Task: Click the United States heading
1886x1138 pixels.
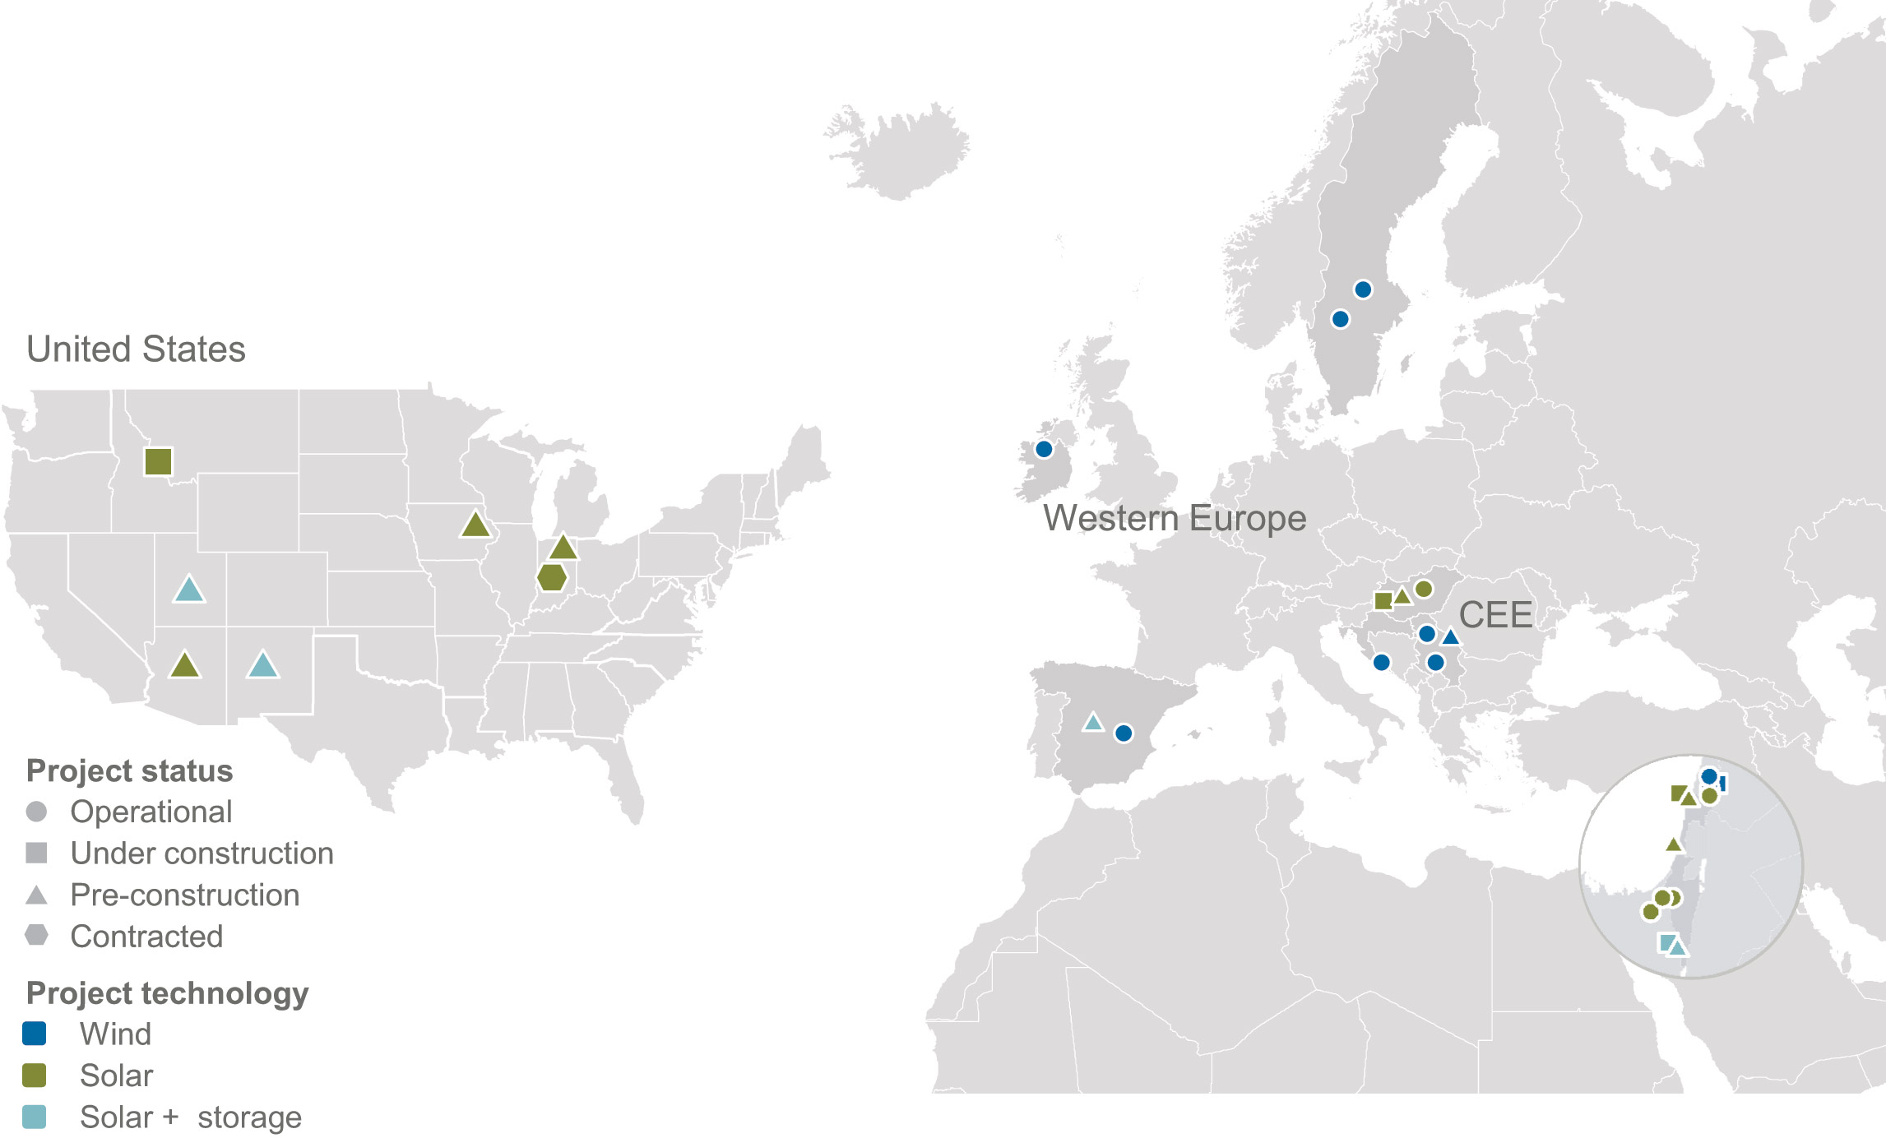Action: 136,349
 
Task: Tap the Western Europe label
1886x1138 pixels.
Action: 1175,519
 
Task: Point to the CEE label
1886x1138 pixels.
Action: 1495,615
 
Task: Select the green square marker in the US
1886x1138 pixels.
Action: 158,461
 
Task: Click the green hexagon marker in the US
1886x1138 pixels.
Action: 552,578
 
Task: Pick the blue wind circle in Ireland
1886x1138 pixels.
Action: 1044,449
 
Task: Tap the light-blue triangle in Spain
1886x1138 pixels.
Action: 1092,723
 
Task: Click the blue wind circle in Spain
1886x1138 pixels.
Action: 1124,733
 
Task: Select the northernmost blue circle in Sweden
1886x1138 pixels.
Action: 1363,289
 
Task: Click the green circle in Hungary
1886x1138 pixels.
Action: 1424,589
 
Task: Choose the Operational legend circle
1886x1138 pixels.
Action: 36,812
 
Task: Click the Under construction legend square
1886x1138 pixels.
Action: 36,853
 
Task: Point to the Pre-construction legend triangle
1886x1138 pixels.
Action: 36,895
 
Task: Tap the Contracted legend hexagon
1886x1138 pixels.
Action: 36,936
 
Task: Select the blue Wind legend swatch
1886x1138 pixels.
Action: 35,1034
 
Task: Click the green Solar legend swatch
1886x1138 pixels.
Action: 35,1075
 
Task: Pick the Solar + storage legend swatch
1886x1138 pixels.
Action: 35,1117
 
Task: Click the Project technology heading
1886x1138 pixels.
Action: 167,993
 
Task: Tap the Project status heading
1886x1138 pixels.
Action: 129,771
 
